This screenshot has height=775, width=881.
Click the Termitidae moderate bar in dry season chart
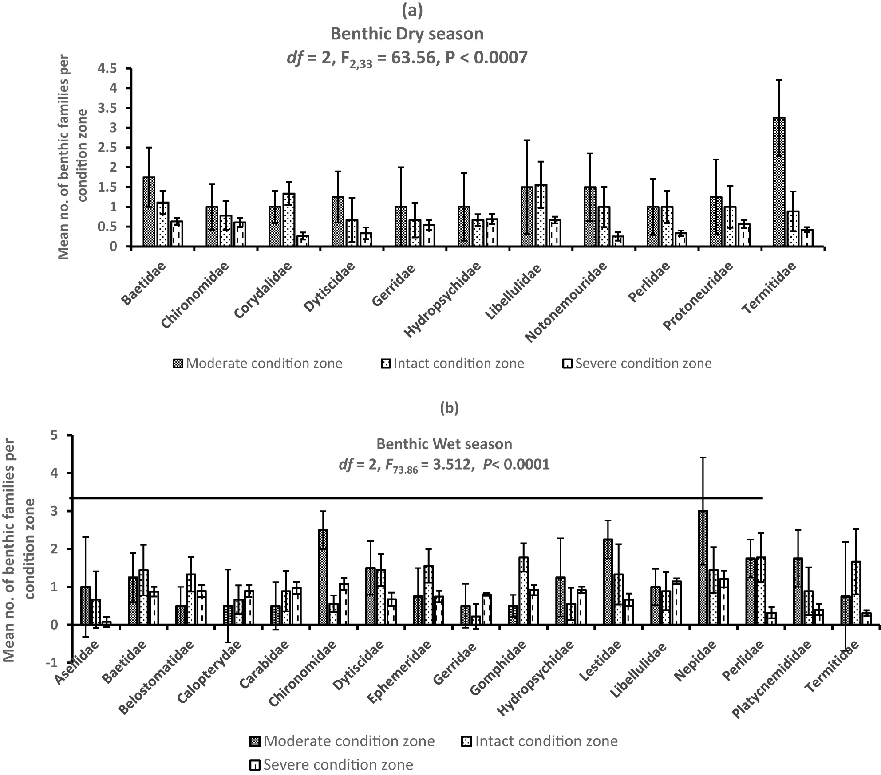coord(779,182)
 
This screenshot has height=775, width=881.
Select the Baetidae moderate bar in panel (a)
coord(149,211)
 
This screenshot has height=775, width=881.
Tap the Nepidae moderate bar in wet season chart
coord(703,568)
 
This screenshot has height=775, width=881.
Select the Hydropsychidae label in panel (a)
coord(442,299)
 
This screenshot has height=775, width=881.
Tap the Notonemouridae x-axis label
coord(566,302)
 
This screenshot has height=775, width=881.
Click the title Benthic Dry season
coord(407,34)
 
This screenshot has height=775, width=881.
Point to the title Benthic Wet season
coord(444,444)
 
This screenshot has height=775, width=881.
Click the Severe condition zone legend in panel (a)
coord(643,364)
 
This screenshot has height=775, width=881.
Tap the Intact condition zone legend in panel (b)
coord(546,741)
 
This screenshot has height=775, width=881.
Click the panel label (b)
coord(449,408)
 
